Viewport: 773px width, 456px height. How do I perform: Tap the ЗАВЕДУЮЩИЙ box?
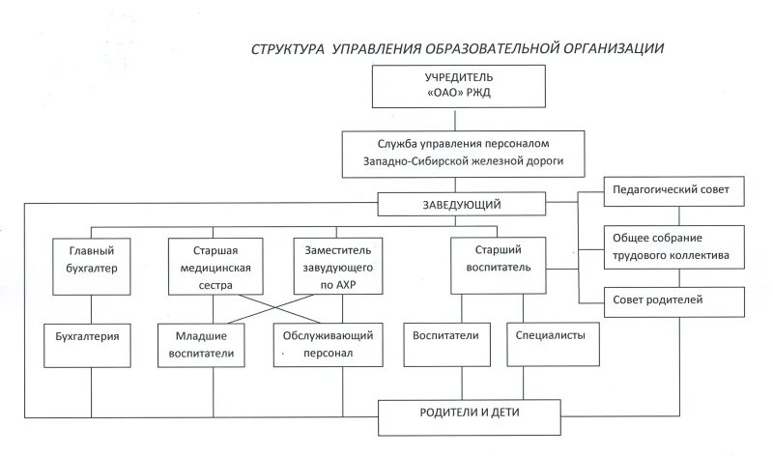point(461,205)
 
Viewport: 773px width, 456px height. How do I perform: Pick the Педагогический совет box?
point(674,190)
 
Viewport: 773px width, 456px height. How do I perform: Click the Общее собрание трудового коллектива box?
point(674,247)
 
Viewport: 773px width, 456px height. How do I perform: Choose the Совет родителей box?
point(674,300)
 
